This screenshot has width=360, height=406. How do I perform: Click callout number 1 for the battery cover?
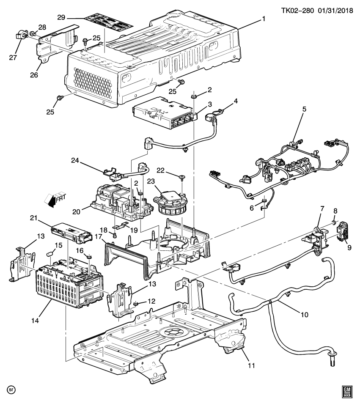pos(264,19)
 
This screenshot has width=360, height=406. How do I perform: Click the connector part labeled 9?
pos(341,230)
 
